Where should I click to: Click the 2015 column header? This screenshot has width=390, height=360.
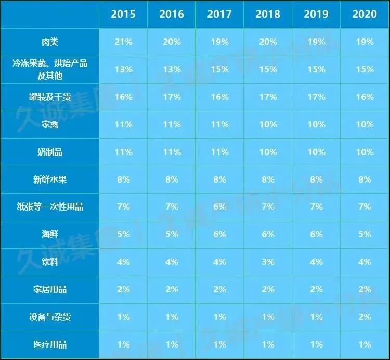point(123,14)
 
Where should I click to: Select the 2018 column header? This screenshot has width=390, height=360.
point(267,14)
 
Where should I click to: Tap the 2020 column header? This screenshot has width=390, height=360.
point(364,14)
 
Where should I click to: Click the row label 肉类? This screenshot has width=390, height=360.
point(50,42)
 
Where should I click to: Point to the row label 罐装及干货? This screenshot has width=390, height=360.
point(50,97)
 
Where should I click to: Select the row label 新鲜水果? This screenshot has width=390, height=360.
point(50,179)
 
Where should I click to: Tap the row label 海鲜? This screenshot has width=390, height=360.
point(50,235)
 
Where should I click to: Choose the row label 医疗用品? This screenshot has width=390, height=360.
point(50,344)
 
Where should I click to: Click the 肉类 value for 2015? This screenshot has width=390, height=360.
point(123,42)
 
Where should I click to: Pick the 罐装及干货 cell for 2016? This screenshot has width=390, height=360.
point(171,97)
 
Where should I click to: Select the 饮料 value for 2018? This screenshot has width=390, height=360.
point(267,262)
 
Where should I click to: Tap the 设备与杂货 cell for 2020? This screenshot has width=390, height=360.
point(364,317)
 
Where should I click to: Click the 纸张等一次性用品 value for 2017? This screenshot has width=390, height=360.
point(219,207)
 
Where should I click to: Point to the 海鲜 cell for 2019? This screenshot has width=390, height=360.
point(316,235)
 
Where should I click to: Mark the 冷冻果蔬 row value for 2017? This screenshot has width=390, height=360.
point(219,69)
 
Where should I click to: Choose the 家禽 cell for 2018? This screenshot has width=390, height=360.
point(267,124)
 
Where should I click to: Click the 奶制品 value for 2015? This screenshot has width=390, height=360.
point(123,152)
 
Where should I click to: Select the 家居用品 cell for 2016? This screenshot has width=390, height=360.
point(171,289)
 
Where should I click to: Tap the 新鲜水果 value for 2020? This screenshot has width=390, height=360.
point(364,179)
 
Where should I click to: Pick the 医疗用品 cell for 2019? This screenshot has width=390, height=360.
point(316,344)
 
